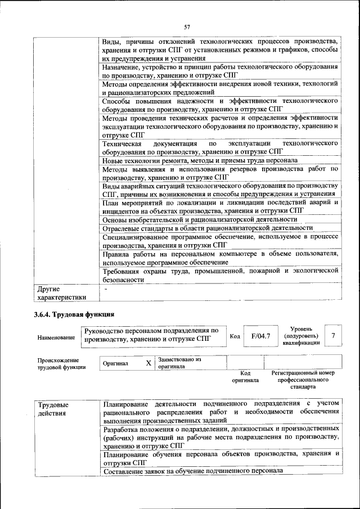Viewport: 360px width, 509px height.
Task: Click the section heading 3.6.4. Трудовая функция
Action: tap(74, 314)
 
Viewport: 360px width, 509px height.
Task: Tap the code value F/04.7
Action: tap(260, 336)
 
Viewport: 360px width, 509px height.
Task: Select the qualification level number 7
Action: tap(334, 336)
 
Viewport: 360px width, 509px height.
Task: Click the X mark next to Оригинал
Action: tap(148, 363)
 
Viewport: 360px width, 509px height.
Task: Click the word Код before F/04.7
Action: tap(235, 336)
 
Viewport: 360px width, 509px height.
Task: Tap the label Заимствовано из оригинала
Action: tap(179, 363)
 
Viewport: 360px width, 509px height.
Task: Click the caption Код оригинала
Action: tap(245, 376)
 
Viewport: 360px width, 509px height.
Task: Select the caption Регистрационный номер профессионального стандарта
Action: tap(303, 380)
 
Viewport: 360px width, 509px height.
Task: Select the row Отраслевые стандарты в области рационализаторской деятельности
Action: tap(207, 228)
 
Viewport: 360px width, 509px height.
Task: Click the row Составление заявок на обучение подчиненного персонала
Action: tap(193, 471)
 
